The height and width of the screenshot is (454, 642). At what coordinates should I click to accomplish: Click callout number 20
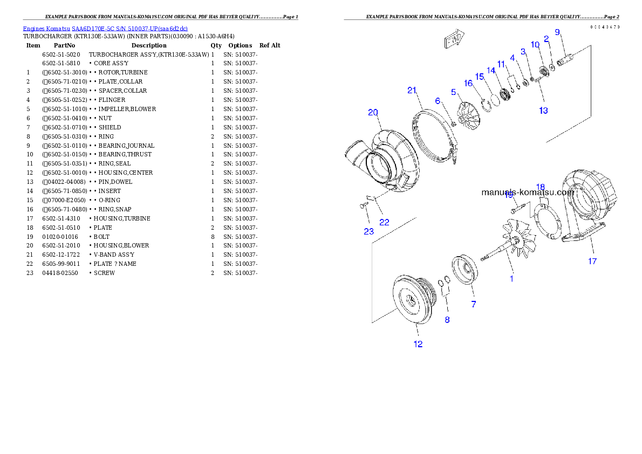pos(373,113)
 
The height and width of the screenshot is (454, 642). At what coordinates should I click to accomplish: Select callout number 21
pos(413,90)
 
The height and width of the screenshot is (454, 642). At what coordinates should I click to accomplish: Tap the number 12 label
pos(418,344)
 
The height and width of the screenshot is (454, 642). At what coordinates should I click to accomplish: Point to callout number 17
pos(592,262)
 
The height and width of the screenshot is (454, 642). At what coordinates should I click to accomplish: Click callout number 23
pos(368,232)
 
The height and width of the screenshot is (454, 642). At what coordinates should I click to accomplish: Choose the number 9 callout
pos(557,32)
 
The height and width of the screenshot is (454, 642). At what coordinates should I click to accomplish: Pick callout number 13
pos(543,111)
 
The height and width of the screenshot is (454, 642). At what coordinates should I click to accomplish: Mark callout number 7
pos(474,305)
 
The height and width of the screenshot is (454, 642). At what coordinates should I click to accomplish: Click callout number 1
pos(512,279)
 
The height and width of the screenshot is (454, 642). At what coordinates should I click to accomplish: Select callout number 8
pos(447,320)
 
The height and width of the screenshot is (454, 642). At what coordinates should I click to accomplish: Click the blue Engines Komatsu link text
pos(105,29)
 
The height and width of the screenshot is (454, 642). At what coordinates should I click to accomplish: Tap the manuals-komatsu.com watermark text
pos(528,192)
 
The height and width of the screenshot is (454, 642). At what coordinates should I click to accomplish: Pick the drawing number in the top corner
pos(604,26)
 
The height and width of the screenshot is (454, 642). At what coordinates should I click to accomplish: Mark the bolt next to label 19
pos(515,207)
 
